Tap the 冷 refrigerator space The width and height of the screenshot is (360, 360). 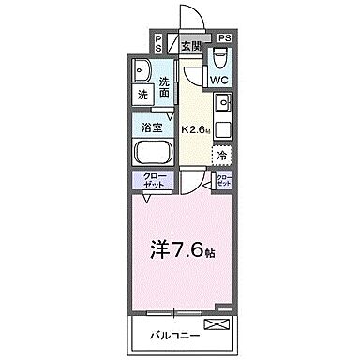tap(222, 155)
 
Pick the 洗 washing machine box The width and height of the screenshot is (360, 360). tap(143, 95)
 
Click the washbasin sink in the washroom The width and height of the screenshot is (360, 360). tap(143, 69)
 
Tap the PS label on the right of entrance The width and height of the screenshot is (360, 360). tap(225, 37)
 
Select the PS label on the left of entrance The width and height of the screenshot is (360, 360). tap(157, 42)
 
